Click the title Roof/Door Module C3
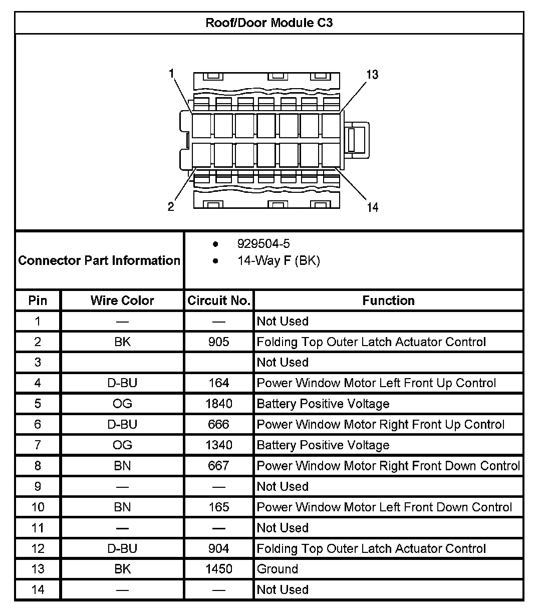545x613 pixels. point(269,23)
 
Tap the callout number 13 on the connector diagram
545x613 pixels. point(372,75)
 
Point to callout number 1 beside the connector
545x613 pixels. point(171,74)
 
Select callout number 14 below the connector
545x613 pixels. point(373,207)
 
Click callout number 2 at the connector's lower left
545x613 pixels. point(171,206)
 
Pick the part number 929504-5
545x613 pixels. point(263,244)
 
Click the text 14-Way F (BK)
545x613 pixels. point(279,260)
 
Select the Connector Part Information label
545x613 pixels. point(99,260)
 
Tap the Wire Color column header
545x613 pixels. point(122,300)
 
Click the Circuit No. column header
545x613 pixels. point(219,300)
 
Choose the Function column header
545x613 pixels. point(389,300)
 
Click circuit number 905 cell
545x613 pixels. point(219,342)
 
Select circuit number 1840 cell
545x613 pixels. point(219,404)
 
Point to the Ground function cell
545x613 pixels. point(278,569)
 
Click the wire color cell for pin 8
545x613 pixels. point(122,466)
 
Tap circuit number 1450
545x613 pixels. point(219,569)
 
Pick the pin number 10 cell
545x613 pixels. point(38,507)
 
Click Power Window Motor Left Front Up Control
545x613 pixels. point(376,383)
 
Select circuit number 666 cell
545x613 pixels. point(219,425)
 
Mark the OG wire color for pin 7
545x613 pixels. point(122,445)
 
